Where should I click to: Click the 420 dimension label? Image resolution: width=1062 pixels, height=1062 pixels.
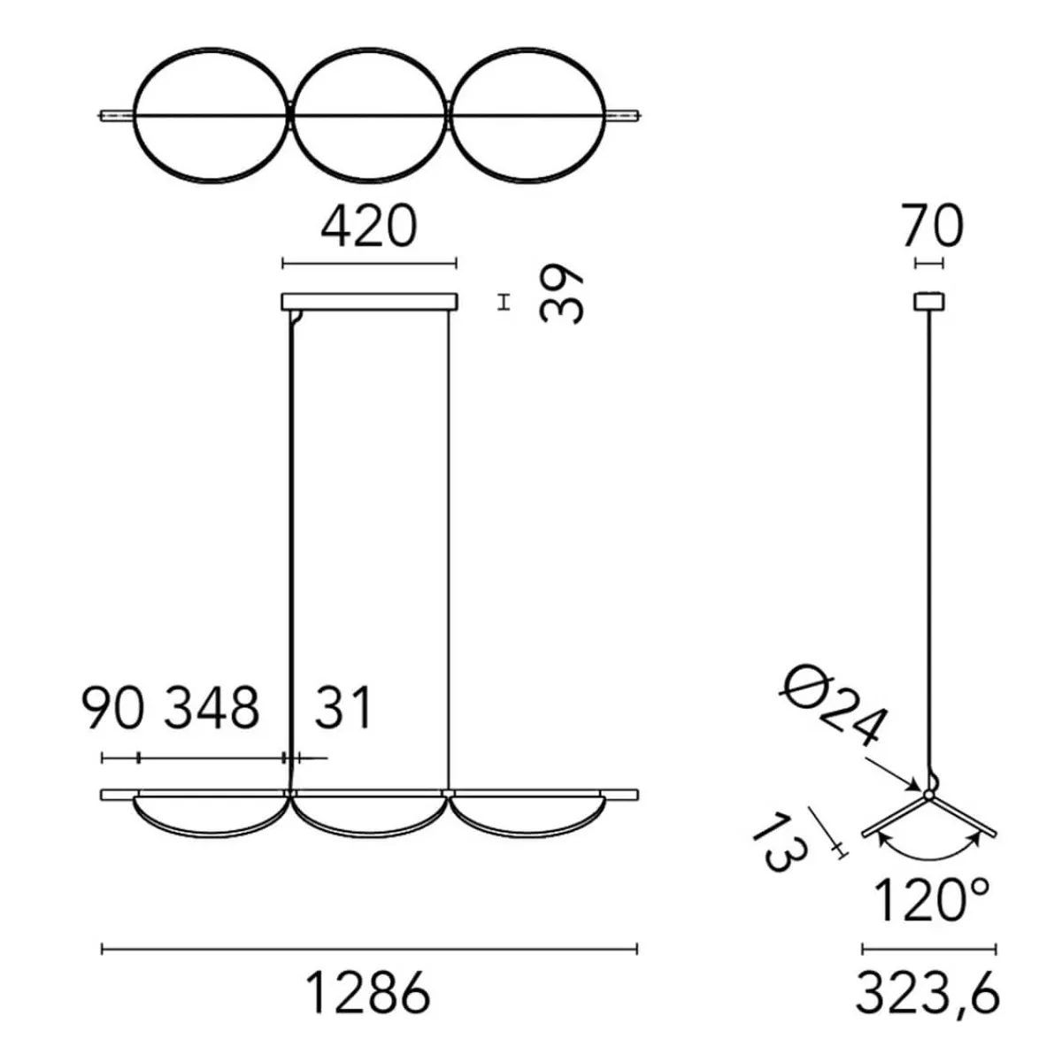click(x=369, y=227)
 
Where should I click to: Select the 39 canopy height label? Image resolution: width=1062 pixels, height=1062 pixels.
click(x=561, y=295)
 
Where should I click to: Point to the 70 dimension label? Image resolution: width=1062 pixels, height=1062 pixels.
click(x=933, y=227)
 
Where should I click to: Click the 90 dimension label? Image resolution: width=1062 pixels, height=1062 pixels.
click(x=113, y=708)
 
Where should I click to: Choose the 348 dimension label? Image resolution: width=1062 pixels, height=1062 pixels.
click(x=212, y=708)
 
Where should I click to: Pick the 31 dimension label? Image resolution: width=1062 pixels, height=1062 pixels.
click(x=343, y=708)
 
